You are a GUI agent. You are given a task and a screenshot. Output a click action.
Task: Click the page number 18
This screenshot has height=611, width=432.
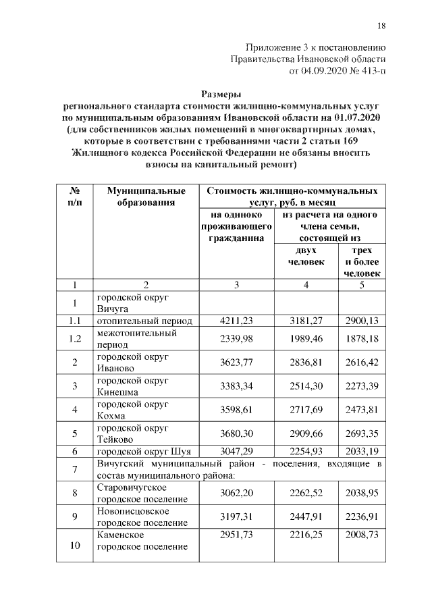click(381, 26)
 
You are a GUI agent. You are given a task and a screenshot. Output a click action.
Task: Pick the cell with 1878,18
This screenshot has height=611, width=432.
click(361, 338)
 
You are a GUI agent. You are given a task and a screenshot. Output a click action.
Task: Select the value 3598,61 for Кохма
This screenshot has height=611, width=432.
click(237, 409)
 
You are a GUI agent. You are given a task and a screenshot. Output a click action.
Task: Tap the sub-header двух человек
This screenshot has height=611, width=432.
click(306, 257)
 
